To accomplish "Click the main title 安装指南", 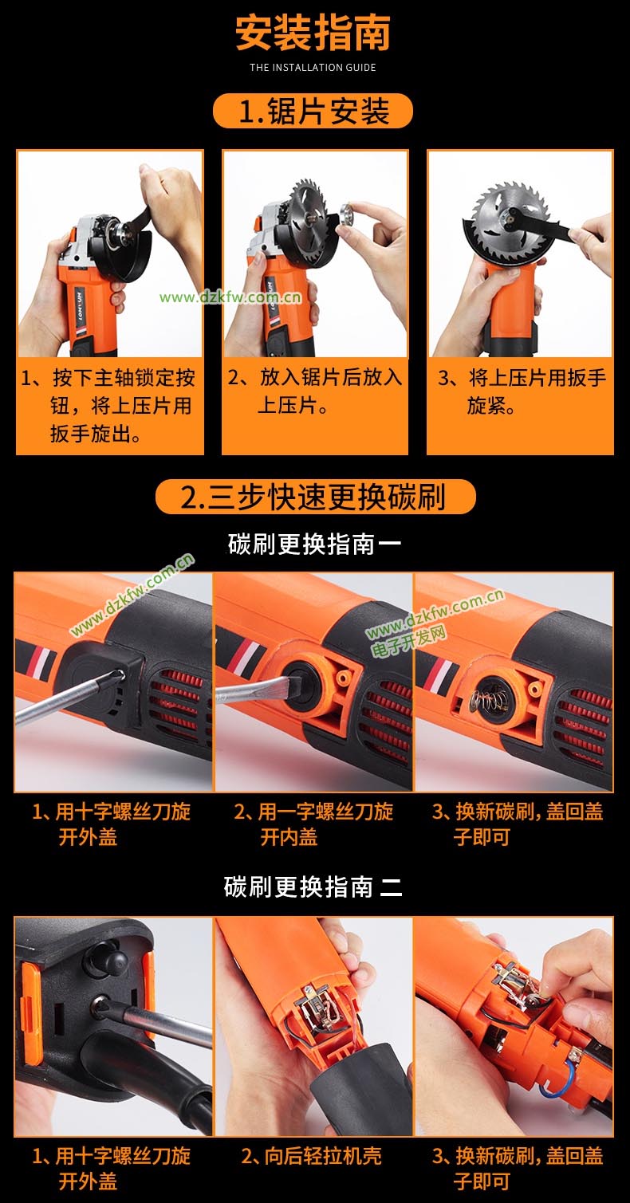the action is (x=313, y=33).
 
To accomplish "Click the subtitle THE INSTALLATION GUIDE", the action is (x=313, y=68).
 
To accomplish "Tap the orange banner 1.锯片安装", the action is (x=313, y=111).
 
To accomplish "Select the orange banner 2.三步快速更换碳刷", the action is (x=315, y=496).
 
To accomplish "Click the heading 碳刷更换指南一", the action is (x=315, y=544).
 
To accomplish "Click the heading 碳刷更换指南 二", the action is (x=313, y=887).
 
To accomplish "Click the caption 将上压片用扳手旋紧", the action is (x=521, y=391).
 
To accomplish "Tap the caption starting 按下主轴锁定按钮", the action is (x=108, y=406).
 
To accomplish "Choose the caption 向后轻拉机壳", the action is (x=312, y=1156).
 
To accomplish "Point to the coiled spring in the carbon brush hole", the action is (x=482, y=698).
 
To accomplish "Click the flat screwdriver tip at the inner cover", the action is (x=289, y=687).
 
